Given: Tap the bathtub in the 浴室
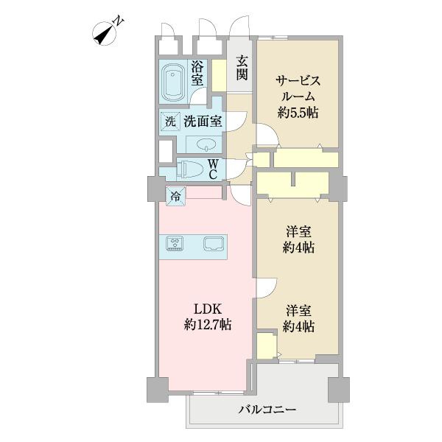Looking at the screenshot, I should coord(174,83).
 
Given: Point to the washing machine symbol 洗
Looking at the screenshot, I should coord(169,120).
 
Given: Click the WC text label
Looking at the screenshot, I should coord(211,169).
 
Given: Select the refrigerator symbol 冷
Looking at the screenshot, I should coord(175,196).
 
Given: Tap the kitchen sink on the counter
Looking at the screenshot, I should coord(212,244).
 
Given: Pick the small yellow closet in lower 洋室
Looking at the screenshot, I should coord(264,344).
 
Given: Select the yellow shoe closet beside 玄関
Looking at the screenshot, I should coord(219,74).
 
